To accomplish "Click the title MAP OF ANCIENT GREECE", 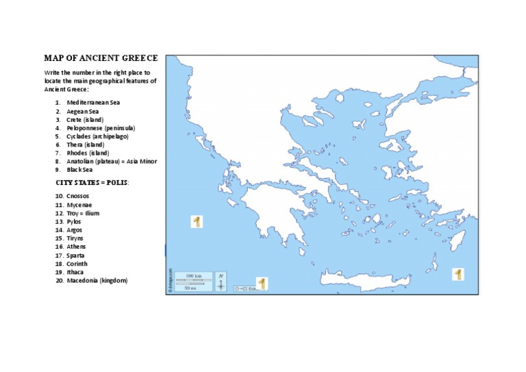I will point(101,58).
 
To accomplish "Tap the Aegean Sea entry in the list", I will point(82,111).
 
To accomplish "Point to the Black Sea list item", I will point(80,169).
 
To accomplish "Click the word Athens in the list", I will point(76,247).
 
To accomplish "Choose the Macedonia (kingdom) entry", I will point(97,280).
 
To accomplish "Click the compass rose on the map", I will point(221,282).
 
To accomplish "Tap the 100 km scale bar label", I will point(193,276).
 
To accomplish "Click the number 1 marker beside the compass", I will point(261,283).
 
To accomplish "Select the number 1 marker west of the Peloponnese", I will point(197,221).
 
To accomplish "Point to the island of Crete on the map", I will point(370,277).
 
